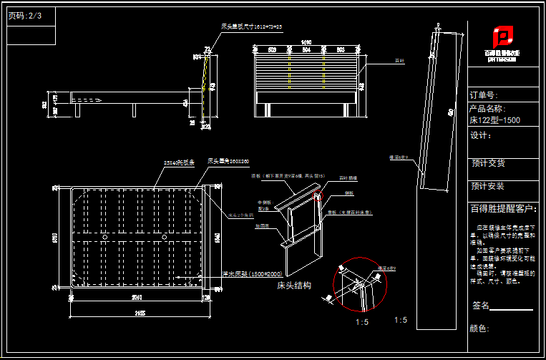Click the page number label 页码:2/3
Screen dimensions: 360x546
pyautogui.click(x=25, y=15)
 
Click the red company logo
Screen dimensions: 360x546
pyautogui.click(x=503, y=37)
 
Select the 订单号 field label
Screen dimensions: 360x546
pyautogui.click(x=483, y=95)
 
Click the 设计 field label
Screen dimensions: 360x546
pyautogui.click(x=480, y=135)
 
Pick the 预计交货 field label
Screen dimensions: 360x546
pyautogui.click(x=488, y=163)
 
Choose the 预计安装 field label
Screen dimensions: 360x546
pyautogui.click(x=488, y=186)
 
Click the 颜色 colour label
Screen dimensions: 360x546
pyautogui.click(x=479, y=329)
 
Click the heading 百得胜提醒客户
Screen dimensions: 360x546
pyautogui.click(x=503, y=209)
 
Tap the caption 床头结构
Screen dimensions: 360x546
pyautogui.click(x=293, y=285)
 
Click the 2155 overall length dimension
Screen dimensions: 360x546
pyautogui.click(x=139, y=313)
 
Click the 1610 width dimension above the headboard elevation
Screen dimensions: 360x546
pyautogui.click(x=306, y=42)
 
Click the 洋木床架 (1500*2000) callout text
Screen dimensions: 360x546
pyautogui.click(x=234, y=273)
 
